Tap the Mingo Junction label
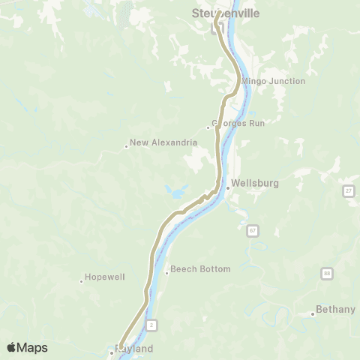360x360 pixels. [274, 81]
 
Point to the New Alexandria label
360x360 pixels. [163, 142]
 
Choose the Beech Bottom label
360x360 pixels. [200, 268]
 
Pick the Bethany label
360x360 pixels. [334, 308]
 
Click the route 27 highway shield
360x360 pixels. [349, 191]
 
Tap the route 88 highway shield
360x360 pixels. [327, 274]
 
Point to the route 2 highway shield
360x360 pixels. [151, 324]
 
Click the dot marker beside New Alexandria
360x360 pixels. [127, 146]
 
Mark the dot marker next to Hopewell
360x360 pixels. [81, 281]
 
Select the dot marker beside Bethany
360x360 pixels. [312, 313]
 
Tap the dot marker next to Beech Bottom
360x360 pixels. [166, 272]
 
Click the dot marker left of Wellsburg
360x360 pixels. [227, 187]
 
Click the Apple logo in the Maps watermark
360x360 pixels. [12, 347]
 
